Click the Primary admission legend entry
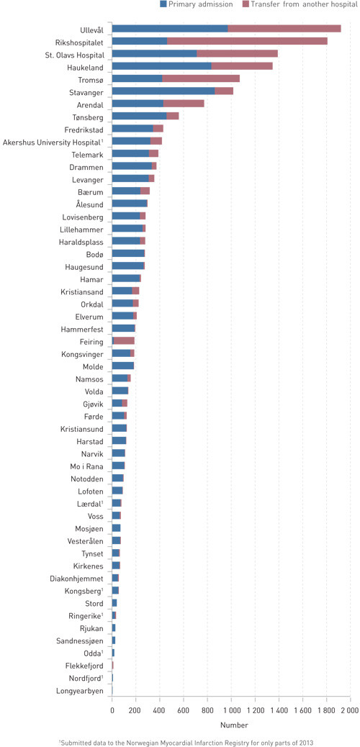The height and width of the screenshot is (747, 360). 200,4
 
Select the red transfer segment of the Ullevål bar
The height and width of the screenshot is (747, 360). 284,28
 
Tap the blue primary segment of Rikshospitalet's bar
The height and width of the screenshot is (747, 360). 140,41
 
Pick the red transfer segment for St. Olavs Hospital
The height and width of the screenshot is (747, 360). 237,54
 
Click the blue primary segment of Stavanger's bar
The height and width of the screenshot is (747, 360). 163,91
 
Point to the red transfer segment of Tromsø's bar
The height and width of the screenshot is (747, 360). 201,78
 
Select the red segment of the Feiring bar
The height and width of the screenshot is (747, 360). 125,340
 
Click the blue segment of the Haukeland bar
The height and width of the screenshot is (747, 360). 161,66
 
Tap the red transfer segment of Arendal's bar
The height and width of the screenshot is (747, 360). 184,104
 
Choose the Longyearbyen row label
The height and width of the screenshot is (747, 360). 79,692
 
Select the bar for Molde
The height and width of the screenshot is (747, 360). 123,366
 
